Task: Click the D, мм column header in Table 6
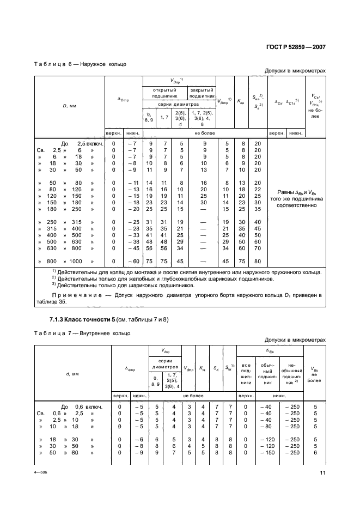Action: [69, 105]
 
